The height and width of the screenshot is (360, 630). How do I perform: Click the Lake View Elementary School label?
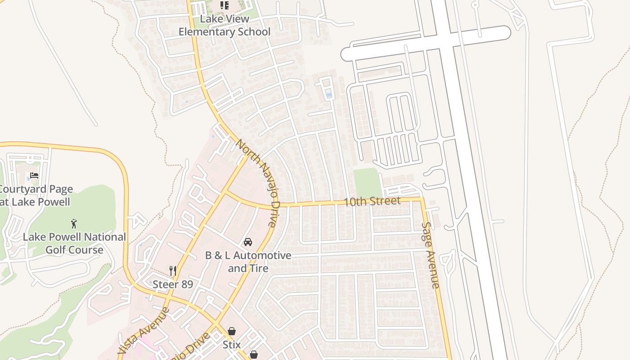224,26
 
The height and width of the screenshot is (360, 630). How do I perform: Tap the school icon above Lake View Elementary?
224,5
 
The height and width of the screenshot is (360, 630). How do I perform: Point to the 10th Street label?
372,201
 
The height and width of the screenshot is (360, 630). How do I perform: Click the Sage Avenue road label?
430,255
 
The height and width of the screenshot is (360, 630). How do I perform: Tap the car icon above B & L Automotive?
247,242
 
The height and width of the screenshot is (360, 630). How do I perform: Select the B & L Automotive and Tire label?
248,262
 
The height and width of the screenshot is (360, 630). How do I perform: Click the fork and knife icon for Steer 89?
173,270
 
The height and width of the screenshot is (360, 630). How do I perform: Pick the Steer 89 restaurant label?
173,284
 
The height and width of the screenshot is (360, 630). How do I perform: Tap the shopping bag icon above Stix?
231,332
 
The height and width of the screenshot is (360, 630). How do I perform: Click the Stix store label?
231,345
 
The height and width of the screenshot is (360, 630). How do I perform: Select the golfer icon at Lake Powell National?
74,223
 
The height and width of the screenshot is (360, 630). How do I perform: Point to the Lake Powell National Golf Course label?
74,243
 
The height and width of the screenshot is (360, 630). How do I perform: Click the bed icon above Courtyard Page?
34,175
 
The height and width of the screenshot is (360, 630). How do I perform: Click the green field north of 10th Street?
367,183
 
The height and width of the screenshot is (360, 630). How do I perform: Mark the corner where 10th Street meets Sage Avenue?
422,198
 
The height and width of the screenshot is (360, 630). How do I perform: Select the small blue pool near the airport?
329,95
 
